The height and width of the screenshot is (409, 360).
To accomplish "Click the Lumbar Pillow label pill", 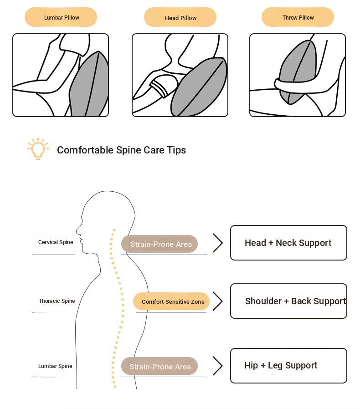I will click(x=61, y=17).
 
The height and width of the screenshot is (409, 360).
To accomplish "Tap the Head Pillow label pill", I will click(x=180, y=18).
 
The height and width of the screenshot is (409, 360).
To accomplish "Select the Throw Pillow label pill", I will click(x=298, y=17).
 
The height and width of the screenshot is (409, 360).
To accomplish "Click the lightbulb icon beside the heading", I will click(x=37, y=148).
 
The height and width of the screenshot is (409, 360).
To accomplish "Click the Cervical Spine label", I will click(x=56, y=242).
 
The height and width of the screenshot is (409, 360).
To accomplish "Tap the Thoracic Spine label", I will click(x=57, y=301).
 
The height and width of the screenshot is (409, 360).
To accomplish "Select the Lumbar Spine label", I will click(x=55, y=366).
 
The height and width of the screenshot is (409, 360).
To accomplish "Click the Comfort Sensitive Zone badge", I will click(x=172, y=302).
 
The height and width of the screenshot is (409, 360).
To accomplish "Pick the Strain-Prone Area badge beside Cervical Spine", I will click(x=160, y=244).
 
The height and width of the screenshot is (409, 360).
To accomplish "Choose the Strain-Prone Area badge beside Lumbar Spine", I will click(x=159, y=367).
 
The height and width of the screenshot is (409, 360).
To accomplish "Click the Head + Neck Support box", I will click(x=288, y=243).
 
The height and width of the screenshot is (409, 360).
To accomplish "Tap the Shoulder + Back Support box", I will click(x=288, y=301).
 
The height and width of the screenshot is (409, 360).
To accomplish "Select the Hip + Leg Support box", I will click(x=288, y=366).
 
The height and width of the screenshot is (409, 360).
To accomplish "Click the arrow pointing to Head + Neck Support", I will click(x=218, y=243).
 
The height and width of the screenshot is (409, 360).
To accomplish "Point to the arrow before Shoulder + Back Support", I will click(x=218, y=302).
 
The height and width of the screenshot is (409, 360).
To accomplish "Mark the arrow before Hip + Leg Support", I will click(x=218, y=366).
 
